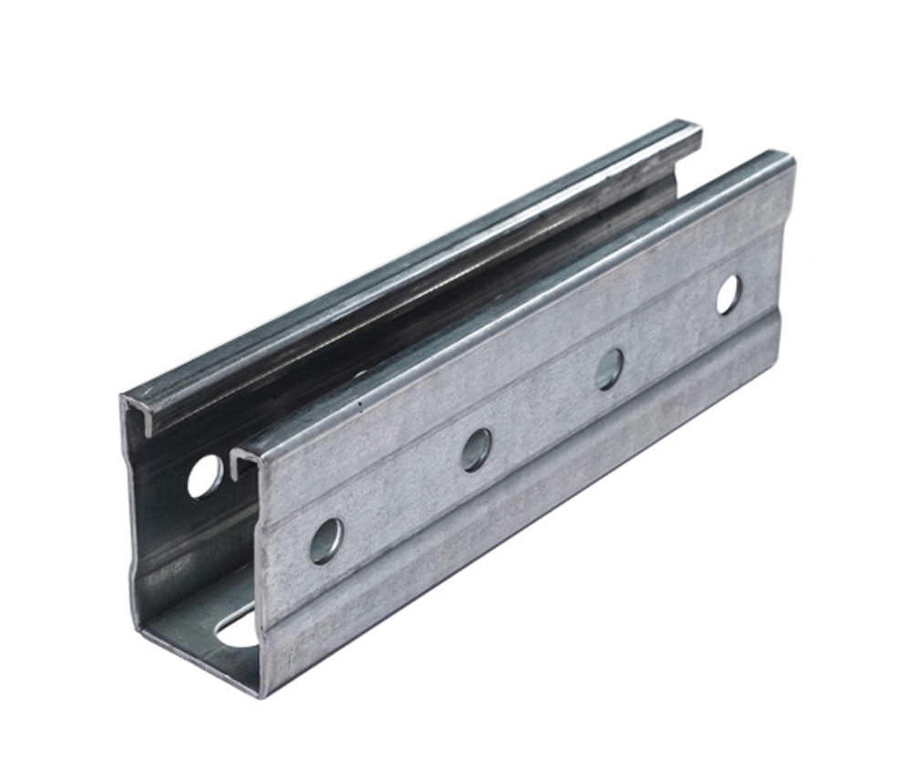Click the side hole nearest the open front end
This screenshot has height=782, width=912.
pyautogui.click(x=326, y=540)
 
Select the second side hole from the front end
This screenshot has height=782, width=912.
pyautogui.click(x=475, y=450)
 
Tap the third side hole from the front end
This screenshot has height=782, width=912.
pyautogui.click(x=609, y=369)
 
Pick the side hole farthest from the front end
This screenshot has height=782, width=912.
pyautogui.click(x=728, y=295)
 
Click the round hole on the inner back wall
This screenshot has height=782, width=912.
pyautogui.click(x=204, y=476)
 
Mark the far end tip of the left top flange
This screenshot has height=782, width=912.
pyautogui.click(x=699, y=128)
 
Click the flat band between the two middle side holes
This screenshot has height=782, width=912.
pyautogui.click(x=543, y=409)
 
